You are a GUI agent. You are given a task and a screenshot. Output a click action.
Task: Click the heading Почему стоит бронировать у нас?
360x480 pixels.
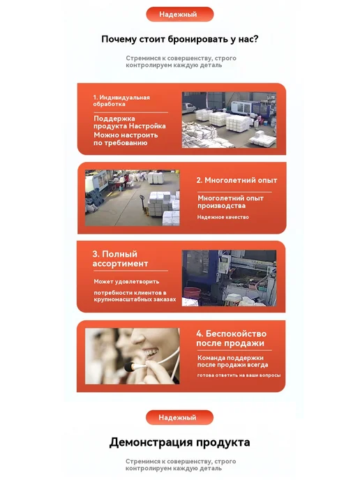point(180,40)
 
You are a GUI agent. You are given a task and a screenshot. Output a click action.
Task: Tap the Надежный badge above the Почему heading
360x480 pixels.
point(180,15)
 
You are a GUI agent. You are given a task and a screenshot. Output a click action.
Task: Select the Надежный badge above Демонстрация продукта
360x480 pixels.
point(179,417)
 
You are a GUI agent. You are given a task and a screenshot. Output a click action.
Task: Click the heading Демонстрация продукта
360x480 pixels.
point(180,442)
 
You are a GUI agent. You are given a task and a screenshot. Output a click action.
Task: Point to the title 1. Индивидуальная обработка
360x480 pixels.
point(121,100)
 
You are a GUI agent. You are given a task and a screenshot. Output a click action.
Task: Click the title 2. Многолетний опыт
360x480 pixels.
point(237,180)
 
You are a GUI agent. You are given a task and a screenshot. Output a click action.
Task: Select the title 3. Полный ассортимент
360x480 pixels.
point(120,259)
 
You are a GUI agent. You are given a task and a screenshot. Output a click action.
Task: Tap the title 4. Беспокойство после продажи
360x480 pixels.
point(232,338)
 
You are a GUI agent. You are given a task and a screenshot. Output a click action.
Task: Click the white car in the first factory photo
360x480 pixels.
point(190,108)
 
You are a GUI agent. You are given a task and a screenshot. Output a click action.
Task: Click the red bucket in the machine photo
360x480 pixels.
point(193,292)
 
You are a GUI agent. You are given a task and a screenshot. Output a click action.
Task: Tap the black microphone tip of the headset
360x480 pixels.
point(130,366)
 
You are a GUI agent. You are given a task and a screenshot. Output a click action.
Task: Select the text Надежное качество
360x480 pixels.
point(223,218)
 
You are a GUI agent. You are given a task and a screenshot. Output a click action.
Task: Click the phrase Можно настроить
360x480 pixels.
point(126,135)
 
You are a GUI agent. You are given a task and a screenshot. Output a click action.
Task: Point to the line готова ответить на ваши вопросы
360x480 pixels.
point(239,375)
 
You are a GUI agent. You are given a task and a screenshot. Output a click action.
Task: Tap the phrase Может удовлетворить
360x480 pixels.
point(126,282)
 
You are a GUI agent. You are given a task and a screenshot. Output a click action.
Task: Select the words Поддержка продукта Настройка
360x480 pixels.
point(130,122)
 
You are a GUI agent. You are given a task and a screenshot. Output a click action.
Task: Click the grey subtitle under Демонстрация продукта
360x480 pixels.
point(181,465)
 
